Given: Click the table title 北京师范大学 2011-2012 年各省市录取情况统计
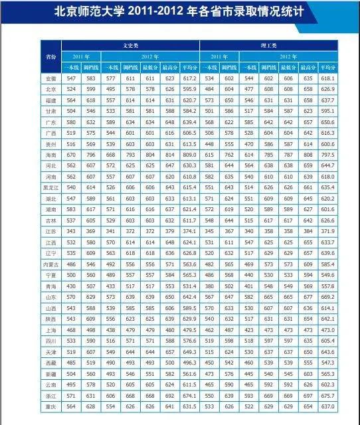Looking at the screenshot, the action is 180,11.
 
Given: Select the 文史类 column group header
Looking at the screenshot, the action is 130,45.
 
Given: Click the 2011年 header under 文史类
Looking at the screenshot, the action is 81,56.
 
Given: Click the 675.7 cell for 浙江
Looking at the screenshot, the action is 327,395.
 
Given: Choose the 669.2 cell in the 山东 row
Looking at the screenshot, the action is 327,297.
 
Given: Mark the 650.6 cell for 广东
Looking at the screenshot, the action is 327,122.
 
